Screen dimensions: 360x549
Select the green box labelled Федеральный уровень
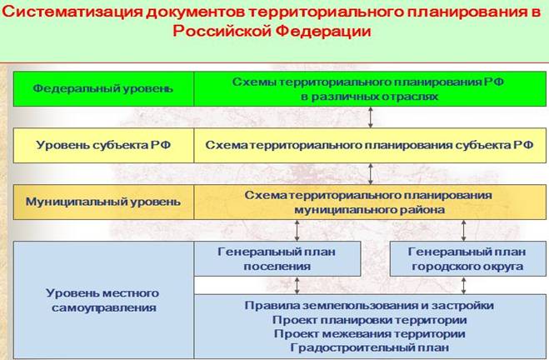coord(103,88)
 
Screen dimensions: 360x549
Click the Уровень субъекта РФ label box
coord(103,144)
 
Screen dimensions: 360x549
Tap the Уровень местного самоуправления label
coord(103,301)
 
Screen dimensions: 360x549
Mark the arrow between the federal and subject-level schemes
coord(370,117)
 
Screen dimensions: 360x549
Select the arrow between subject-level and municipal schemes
coord(370,173)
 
